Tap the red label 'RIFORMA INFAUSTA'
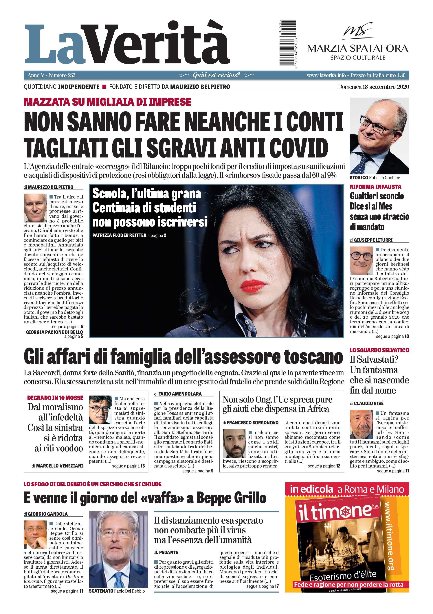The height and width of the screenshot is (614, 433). click(375, 187)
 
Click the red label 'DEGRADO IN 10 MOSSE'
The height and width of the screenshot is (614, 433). click(55, 398)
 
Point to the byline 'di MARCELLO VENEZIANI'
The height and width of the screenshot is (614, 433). click(57, 466)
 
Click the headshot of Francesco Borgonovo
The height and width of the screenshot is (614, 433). click(234, 444)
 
